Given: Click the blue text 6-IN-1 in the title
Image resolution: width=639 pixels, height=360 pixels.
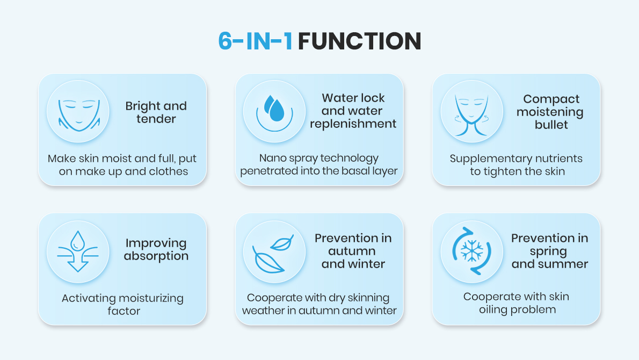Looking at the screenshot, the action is coord(255,41).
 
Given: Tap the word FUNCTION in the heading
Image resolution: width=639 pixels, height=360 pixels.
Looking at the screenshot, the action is coord(359,41).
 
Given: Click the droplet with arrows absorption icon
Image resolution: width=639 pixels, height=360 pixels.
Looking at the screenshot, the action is coord(78,251).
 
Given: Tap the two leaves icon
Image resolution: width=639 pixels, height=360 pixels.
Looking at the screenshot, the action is coord(273,254).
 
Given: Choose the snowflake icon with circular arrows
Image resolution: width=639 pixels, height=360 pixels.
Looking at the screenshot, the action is coord(472,251).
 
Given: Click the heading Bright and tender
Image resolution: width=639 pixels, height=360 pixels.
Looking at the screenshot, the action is coord(156,112).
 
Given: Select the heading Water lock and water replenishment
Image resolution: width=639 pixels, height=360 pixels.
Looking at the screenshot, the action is coord(353,111).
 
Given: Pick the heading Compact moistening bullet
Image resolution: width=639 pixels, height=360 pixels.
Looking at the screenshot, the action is coord(550,112).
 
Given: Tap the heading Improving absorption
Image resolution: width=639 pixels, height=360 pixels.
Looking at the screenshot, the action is coord(156,249).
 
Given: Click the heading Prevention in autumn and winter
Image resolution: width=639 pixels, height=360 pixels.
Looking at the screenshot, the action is coord(353,251).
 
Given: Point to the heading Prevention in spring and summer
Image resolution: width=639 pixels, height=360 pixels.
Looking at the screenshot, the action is coord(550,251).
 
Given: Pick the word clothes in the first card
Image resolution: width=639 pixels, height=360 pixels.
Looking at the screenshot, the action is coord(168,171).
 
